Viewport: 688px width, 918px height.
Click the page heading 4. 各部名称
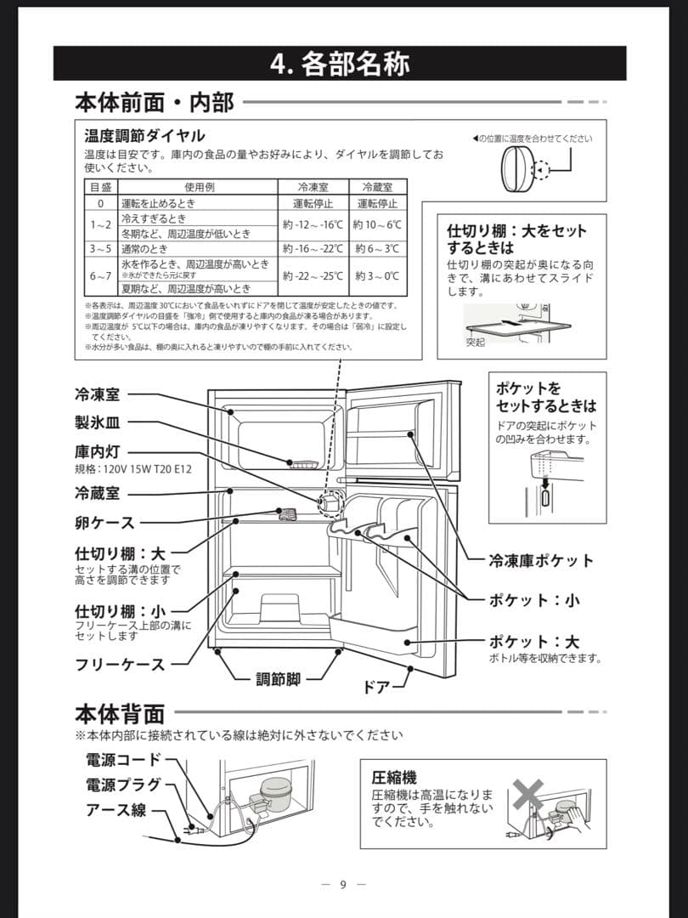tap(340, 64)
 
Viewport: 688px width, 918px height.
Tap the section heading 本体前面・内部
tap(154, 103)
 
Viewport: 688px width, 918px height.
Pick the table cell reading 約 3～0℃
tap(377, 275)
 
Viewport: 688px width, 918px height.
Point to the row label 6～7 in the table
tap(100, 275)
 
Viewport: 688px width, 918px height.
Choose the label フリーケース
tap(120, 665)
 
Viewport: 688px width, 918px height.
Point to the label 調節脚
tap(278, 678)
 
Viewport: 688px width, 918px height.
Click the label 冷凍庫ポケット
tap(540, 561)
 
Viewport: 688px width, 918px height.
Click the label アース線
tap(115, 810)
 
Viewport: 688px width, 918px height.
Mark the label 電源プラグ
tap(123, 785)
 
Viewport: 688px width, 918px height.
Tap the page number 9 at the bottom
tap(343, 885)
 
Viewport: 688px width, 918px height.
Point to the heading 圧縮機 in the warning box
tap(394, 778)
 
